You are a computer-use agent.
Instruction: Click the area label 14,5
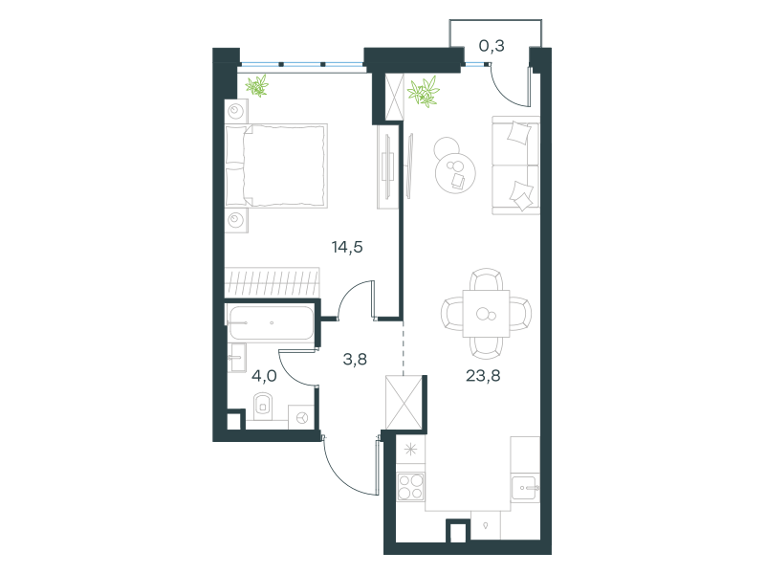coord(347,248)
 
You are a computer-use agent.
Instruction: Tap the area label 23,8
coord(483,376)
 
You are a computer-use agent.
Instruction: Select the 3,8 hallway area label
coord(355,360)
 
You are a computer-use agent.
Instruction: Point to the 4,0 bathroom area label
coord(265,376)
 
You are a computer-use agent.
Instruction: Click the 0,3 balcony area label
coord(492,46)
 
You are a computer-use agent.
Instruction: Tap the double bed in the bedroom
coord(276,166)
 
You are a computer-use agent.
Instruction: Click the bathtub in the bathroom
coord(271,322)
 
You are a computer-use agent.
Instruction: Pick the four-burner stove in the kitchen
coord(410,487)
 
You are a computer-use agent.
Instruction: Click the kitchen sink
coord(525,487)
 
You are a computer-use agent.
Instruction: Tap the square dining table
coord(486,314)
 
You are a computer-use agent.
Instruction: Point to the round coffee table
coord(455,173)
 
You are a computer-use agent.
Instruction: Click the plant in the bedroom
coord(257,86)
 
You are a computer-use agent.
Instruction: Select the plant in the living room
coord(424,92)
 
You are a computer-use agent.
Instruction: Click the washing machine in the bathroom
coord(302,417)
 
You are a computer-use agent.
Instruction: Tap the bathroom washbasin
coord(236,358)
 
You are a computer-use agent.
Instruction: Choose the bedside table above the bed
coord(236,111)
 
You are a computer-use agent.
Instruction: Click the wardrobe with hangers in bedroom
coord(272,282)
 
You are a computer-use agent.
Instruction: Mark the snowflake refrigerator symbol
coord(411,449)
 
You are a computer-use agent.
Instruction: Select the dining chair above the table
coord(487,280)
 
